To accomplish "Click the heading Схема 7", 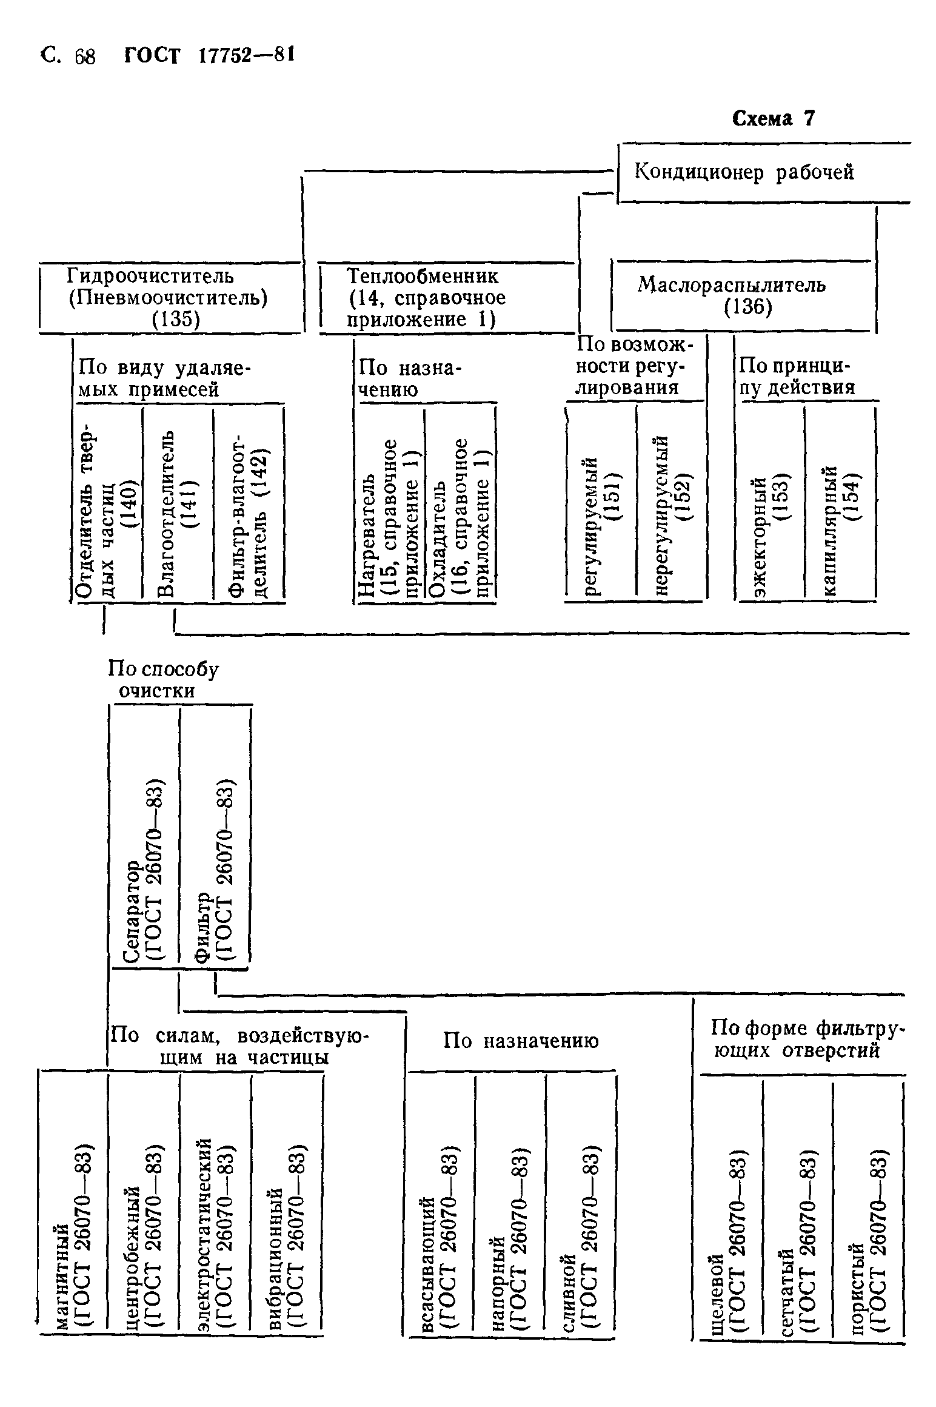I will tap(773, 118).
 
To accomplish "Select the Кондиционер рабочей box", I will tap(744, 173).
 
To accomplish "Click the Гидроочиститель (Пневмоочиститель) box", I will tap(169, 297).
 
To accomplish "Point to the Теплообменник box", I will tap(426, 297).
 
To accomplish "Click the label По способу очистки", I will tap(162, 680).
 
